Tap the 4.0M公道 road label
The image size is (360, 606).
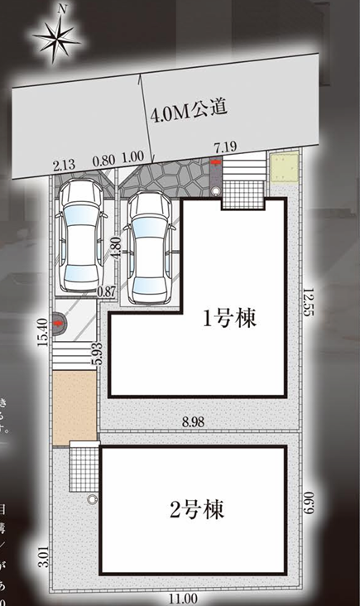(x=189, y=109)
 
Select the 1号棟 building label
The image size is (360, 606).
(x=228, y=320)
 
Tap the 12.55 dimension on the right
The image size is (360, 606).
(x=309, y=301)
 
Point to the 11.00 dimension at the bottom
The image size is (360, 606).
(x=185, y=599)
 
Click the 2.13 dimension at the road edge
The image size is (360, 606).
(x=63, y=163)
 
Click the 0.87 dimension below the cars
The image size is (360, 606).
(x=106, y=291)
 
